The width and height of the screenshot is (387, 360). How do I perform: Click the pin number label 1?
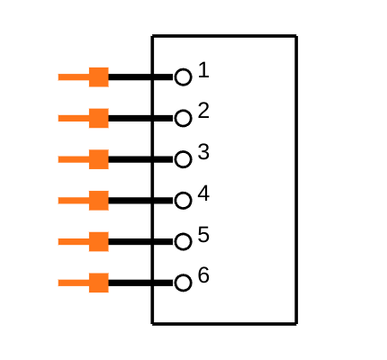tap(203, 70)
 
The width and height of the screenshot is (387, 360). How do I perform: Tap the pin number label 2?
tap(203, 111)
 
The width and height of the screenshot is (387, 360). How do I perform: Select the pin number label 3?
tap(203, 152)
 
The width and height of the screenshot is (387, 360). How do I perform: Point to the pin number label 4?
tap(203, 193)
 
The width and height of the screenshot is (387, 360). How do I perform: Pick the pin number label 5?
tap(203, 234)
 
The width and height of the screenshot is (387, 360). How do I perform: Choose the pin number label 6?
tap(203, 275)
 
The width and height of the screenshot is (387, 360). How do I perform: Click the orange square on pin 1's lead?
tap(99, 77)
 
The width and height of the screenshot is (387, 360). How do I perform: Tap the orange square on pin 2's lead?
tap(99, 118)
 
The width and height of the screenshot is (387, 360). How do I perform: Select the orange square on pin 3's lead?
tap(99, 159)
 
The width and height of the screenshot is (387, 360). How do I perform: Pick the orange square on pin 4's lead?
tap(99, 201)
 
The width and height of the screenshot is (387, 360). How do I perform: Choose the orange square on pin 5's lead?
tap(99, 241)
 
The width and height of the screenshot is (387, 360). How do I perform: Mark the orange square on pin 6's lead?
tap(99, 283)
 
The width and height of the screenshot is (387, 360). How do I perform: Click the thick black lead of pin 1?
tap(141, 77)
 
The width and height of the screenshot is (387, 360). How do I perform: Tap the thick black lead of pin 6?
tap(141, 283)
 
